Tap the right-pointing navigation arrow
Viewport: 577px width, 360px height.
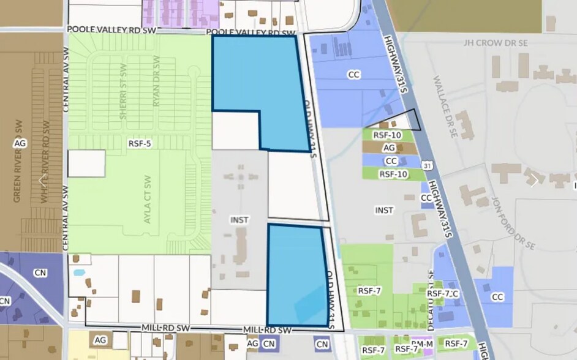pos(534,180)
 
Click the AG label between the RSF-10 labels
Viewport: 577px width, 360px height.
pos(388,148)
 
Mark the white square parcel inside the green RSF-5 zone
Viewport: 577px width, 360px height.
pos(86,163)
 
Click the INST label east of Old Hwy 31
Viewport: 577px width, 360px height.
pos(384,210)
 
